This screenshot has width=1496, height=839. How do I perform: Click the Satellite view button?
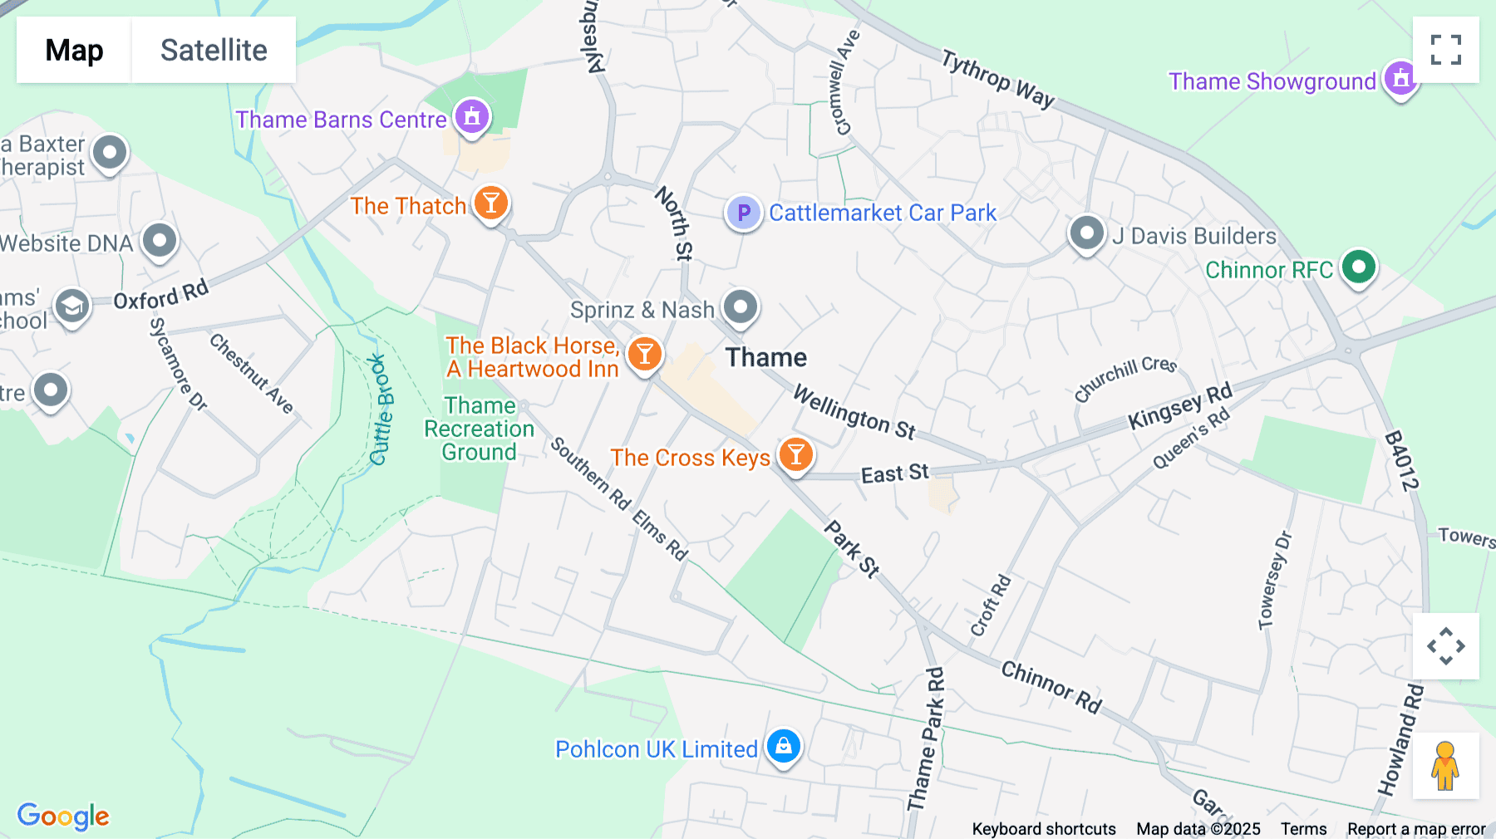pyautogui.click(x=214, y=50)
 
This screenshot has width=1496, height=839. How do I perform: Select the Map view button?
pyautogui.click(x=74, y=50)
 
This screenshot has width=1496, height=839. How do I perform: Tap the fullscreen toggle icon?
pyautogui.click(x=1445, y=50)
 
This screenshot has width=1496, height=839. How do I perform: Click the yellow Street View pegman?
pyautogui.click(x=1445, y=765)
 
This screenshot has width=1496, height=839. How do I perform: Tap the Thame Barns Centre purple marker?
pyautogui.click(x=472, y=116)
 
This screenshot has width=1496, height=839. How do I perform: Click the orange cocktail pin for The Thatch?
pyautogui.click(x=491, y=203)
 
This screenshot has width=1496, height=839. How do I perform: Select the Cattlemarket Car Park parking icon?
pyautogui.click(x=744, y=213)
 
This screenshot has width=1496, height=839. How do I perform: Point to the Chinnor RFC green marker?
pyautogui.click(x=1359, y=267)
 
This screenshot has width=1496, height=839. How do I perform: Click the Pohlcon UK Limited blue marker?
pyautogui.click(x=783, y=746)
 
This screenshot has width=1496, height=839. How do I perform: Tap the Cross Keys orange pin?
pyautogui.click(x=795, y=454)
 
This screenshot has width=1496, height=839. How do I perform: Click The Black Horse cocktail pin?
pyautogui.click(x=644, y=354)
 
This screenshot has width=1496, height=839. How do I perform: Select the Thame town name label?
pyautogui.click(x=765, y=357)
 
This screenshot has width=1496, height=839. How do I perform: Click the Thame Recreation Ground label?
pyautogui.click(x=480, y=429)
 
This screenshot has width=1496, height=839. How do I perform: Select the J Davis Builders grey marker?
pyautogui.click(x=1086, y=233)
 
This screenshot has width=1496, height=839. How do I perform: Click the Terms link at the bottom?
pyautogui.click(x=1303, y=828)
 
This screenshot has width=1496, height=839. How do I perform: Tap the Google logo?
pyautogui.click(x=63, y=816)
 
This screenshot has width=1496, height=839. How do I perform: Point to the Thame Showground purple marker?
pyautogui.click(x=1400, y=79)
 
